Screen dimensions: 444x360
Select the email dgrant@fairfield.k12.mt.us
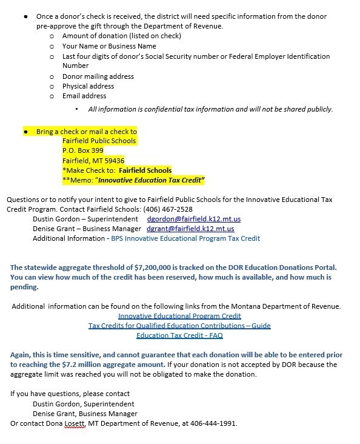tap(190, 229)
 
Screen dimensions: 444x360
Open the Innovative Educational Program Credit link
tap(179, 316)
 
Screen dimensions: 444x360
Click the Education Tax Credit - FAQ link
tap(179, 335)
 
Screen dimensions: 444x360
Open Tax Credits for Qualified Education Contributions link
tap(179, 326)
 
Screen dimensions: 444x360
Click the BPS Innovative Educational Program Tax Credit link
tap(185, 238)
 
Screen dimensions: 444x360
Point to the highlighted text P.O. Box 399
tap(83, 150)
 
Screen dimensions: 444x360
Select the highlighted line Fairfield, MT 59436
tap(93, 160)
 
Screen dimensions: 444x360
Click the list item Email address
tap(84, 96)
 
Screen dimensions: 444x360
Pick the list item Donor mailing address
tap(98, 76)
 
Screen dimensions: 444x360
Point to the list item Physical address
tap(88, 86)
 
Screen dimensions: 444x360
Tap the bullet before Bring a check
tap(26, 131)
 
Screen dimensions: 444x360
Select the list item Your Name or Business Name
tap(109, 46)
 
